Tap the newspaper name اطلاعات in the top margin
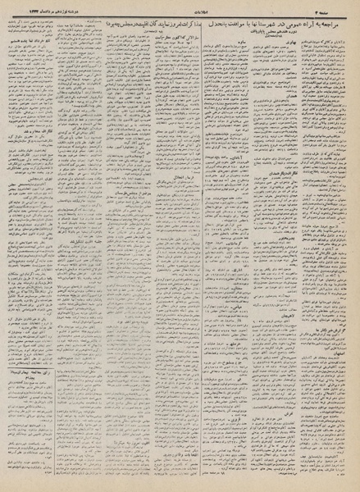pyautogui.click(x=180, y=11)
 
